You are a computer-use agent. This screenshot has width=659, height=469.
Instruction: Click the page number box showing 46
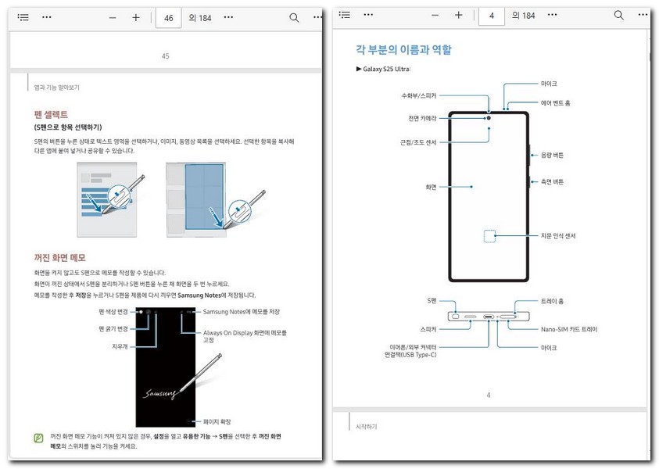pyautogui.click(x=169, y=17)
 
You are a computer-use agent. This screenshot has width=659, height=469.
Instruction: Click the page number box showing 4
pyautogui.click(x=491, y=16)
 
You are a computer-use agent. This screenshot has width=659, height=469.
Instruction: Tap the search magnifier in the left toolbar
pyautogui.click(x=294, y=17)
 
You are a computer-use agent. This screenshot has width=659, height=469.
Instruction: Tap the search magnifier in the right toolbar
pyautogui.click(x=618, y=16)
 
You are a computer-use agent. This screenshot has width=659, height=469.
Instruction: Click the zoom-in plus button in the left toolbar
pyautogui.click(x=135, y=17)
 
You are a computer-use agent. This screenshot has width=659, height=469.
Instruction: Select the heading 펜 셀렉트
pyautogui.click(x=50, y=114)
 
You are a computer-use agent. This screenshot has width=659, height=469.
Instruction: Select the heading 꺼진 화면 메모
pyautogui.click(x=59, y=257)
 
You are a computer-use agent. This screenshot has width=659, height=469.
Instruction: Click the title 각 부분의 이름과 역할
pyautogui.click(x=403, y=50)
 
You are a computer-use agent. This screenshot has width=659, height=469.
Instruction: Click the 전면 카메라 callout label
pyautogui.click(x=421, y=118)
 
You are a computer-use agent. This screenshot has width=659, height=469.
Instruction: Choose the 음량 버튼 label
pyautogui.click(x=552, y=156)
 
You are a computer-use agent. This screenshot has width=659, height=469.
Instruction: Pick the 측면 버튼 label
pyautogui.click(x=552, y=182)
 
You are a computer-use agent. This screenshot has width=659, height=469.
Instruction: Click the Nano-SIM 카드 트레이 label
pyautogui.click(x=568, y=329)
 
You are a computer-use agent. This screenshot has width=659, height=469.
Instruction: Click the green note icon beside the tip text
pyautogui.click(x=39, y=437)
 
